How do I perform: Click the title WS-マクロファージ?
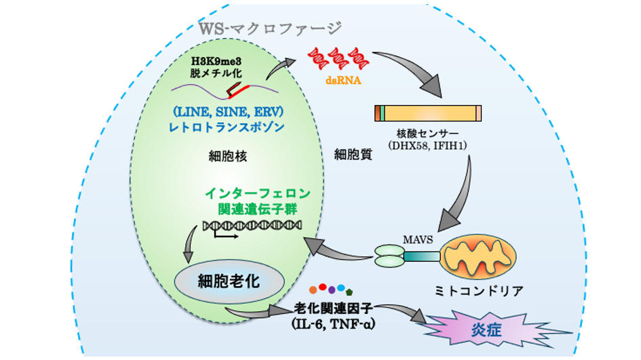[271, 28]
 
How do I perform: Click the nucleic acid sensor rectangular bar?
[427, 113]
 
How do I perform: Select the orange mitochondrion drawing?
[478, 257]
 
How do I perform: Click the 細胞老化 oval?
[218, 281]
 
